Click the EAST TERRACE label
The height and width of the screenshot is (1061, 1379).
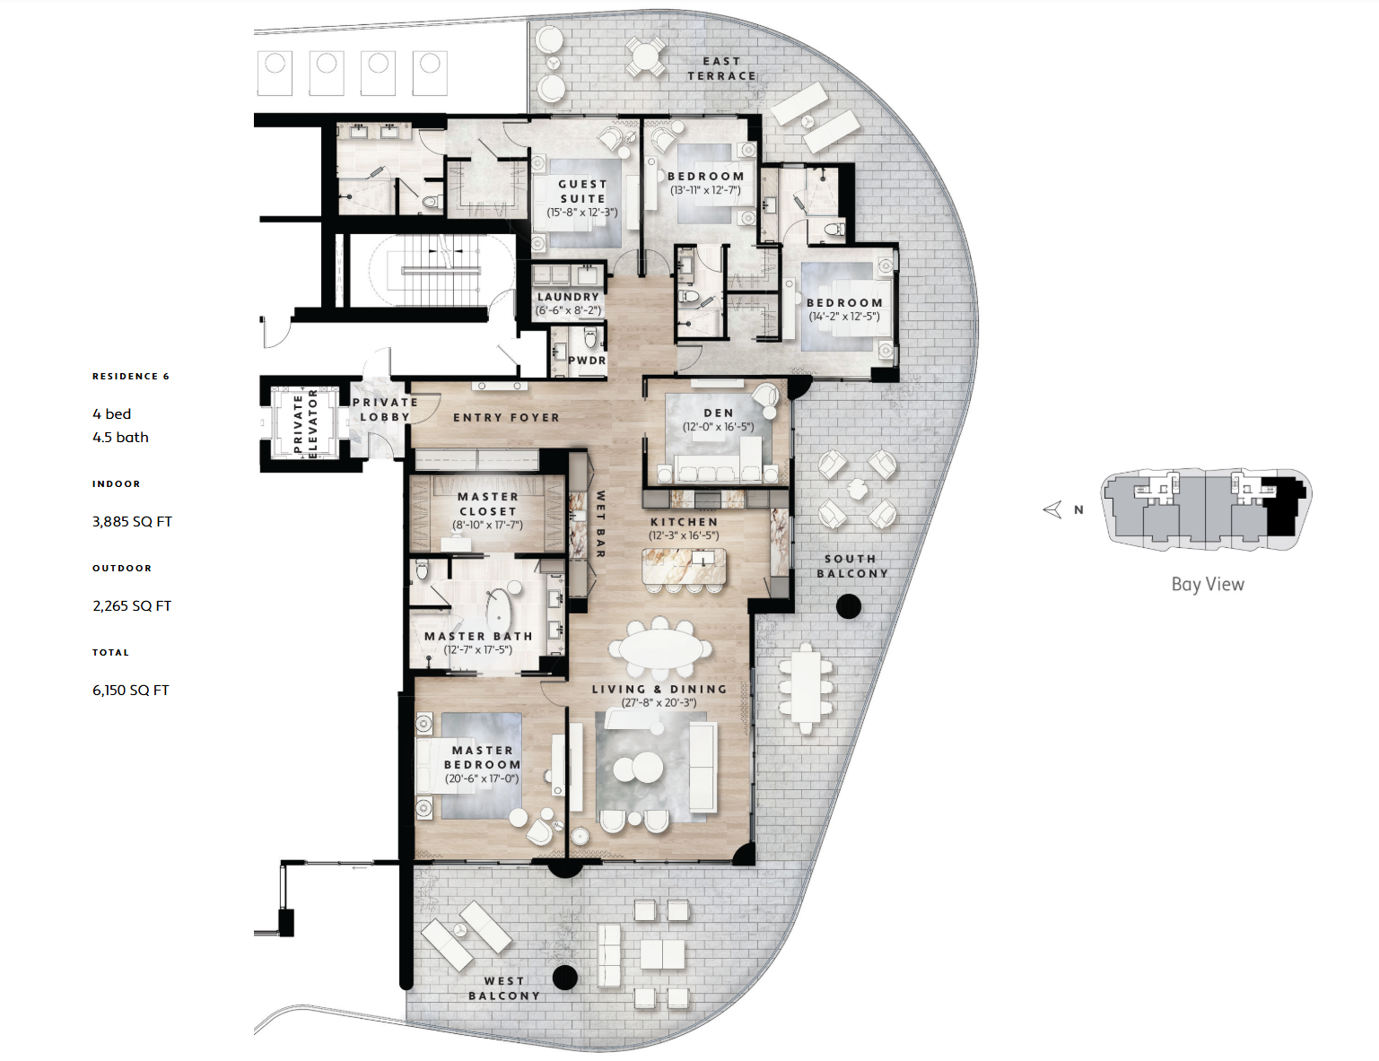click(721, 68)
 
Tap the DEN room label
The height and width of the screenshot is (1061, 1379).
click(719, 413)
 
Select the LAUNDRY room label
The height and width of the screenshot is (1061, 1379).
click(568, 297)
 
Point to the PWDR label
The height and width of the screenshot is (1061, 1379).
click(587, 361)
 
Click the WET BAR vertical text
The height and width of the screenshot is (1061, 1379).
click(599, 524)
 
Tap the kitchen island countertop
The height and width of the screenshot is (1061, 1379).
click(684, 566)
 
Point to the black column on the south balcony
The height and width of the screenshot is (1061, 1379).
click(849, 607)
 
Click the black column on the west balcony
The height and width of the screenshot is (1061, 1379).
click(565, 978)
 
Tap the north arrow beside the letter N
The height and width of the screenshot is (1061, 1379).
click(1052, 509)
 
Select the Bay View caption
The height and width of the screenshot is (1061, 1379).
click(1208, 584)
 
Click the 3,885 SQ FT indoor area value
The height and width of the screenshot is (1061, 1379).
click(132, 522)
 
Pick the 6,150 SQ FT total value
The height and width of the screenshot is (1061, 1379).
click(131, 691)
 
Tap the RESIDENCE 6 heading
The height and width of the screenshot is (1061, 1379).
click(131, 376)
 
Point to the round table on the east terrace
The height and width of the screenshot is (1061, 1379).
click(645, 56)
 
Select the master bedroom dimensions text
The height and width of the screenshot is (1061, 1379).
click(482, 778)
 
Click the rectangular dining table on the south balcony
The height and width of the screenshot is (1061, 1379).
click(806, 689)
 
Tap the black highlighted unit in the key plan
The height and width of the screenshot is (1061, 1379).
click(1283, 508)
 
